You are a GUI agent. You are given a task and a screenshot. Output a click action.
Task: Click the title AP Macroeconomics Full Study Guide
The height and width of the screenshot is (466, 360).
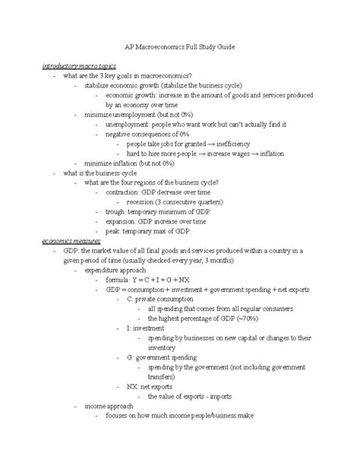click(x=180, y=46)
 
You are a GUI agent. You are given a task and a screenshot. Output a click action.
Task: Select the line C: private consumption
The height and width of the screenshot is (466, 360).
click(x=166, y=299)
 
